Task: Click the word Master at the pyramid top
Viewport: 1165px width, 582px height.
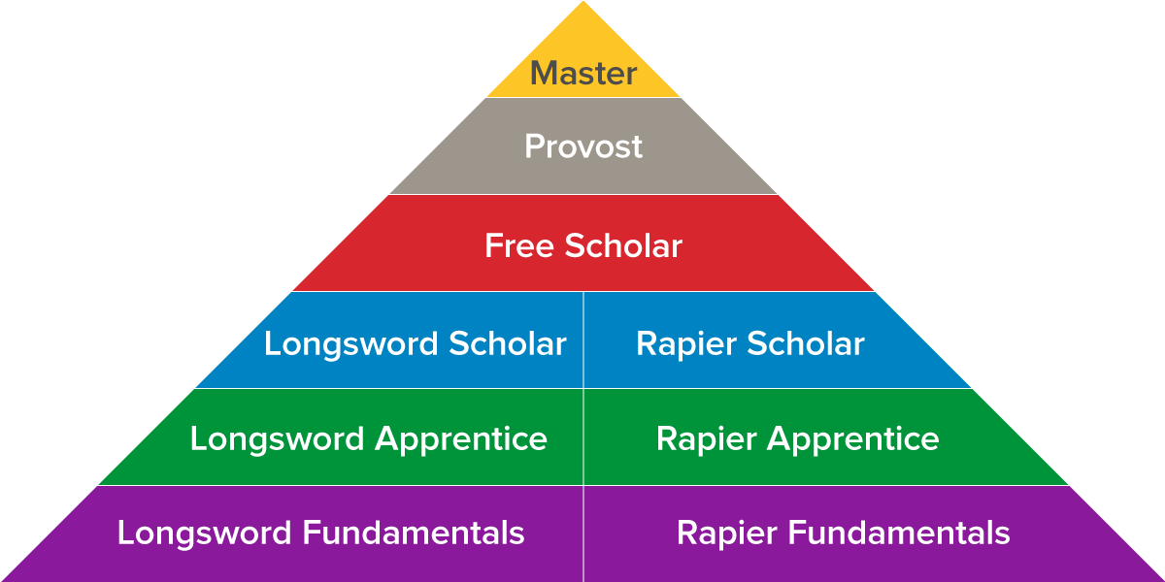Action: pyautogui.click(x=583, y=74)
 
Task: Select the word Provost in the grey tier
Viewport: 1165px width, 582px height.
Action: pyautogui.click(x=583, y=146)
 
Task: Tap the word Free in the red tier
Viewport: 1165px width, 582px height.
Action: pyautogui.click(x=518, y=245)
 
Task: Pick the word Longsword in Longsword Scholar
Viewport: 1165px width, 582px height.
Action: pyautogui.click(x=351, y=343)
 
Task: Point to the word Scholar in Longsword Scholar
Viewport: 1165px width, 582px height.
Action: pyautogui.click(x=508, y=343)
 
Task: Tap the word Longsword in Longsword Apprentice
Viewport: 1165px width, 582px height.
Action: pyautogui.click(x=278, y=438)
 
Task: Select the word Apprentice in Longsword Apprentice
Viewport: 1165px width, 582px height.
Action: pyautogui.click(x=461, y=438)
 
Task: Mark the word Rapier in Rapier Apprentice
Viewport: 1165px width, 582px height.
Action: pyautogui.click(x=706, y=438)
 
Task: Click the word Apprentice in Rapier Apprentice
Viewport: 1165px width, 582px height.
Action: pyautogui.click(x=853, y=438)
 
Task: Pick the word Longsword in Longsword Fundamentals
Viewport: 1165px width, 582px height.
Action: pyautogui.click(x=205, y=533)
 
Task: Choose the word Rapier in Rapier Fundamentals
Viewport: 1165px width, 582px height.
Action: pyautogui.click(x=726, y=533)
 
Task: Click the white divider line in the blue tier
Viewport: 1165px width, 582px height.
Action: pyautogui.click(x=583, y=339)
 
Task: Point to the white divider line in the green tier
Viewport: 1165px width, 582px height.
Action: pyautogui.click(x=583, y=436)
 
